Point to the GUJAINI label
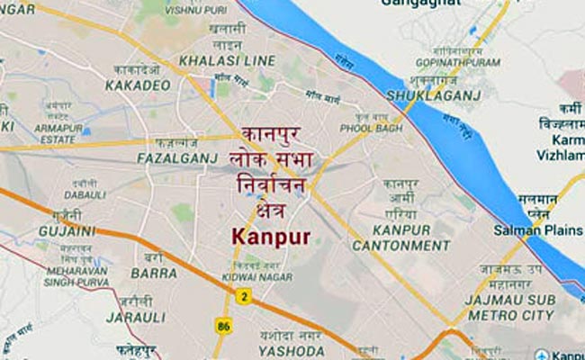tap(36, 231)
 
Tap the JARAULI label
tap(136, 317)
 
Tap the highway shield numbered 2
tap(242, 295)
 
